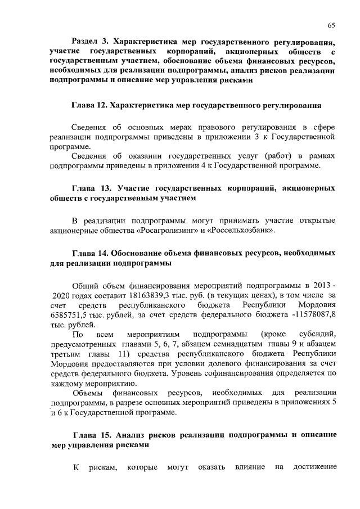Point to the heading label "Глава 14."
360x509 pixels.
pos(92,253)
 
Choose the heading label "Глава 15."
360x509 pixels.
pos(93,435)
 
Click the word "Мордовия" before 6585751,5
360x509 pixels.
pos(318,305)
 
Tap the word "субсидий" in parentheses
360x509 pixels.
pos(318,336)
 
